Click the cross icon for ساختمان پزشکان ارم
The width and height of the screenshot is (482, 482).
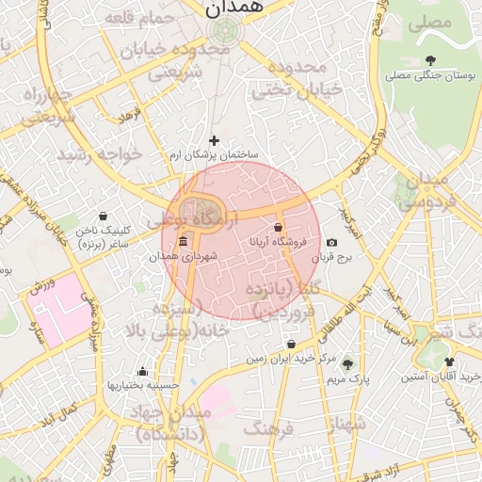214,140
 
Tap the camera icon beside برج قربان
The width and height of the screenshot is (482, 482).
331,244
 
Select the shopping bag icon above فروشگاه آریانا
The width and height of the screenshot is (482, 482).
278,228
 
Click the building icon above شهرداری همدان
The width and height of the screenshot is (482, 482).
182,243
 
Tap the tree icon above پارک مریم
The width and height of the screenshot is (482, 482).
348,364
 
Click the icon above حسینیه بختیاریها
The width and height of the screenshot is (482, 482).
142,371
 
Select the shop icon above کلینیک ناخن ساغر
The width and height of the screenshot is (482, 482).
103,216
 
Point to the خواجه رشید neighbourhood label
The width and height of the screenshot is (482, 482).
98,153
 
